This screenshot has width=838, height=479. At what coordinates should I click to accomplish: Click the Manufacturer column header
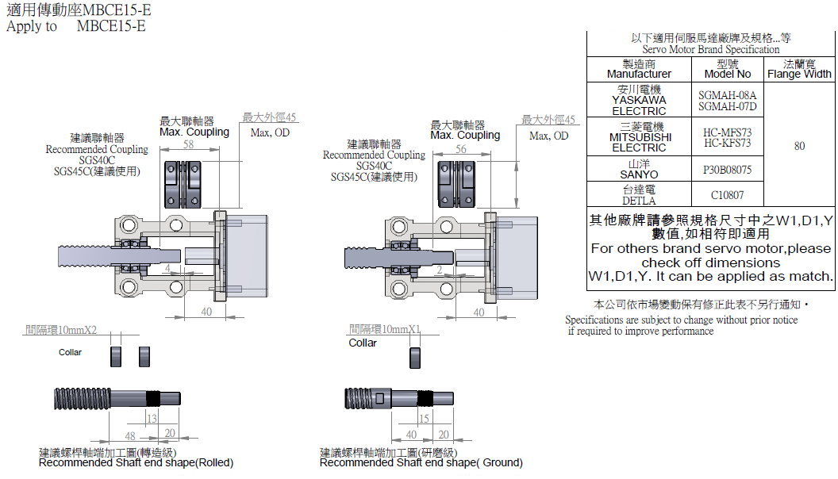pyautogui.click(x=639, y=69)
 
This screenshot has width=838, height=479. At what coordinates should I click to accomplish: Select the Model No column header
pyautogui.click(x=728, y=69)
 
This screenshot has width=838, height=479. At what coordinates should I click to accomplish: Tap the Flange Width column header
pyautogui.click(x=799, y=69)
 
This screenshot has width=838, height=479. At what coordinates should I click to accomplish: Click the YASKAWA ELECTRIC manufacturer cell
pyautogui.click(x=639, y=101)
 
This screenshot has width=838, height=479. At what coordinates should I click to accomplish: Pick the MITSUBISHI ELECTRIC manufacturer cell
pyautogui.click(x=639, y=137)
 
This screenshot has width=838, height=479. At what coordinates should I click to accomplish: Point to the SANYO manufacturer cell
pyautogui.click(x=639, y=169)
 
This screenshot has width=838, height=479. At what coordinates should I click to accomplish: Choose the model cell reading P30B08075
pyautogui.click(x=728, y=170)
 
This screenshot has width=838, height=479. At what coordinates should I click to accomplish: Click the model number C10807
pyautogui.click(x=728, y=194)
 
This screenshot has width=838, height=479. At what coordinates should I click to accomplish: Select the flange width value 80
pyautogui.click(x=799, y=146)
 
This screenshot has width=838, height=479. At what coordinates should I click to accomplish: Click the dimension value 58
pyautogui.click(x=188, y=144)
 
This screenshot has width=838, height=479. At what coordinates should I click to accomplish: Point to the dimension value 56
pyautogui.click(x=462, y=148)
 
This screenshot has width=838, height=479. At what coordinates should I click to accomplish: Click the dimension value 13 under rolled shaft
pyautogui.click(x=151, y=418)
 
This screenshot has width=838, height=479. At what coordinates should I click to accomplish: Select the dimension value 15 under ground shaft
pyautogui.click(x=423, y=418)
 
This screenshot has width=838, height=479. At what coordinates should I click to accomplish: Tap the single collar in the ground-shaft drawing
pyautogui.click(x=414, y=357)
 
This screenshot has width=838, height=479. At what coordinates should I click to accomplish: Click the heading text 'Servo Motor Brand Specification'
pyautogui.click(x=710, y=49)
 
